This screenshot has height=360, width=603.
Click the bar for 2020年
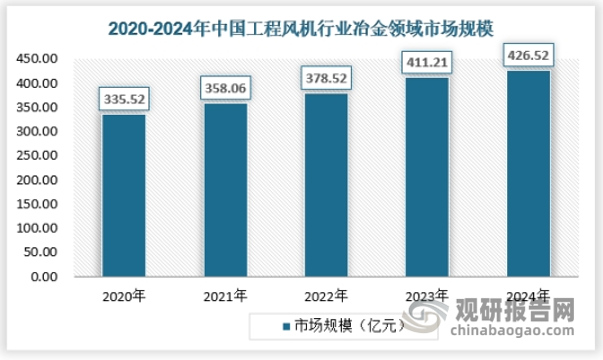tap(122, 195)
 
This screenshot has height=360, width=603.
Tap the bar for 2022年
tap(325, 185)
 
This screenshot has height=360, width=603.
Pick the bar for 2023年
tap(427, 177)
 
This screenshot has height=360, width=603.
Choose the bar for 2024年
tap(528, 173)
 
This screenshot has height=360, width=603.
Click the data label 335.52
tap(122, 99)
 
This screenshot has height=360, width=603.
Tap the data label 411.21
tap(427, 62)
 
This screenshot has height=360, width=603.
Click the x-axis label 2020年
tap(122, 295)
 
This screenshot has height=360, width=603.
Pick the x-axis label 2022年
tap(325, 295)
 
